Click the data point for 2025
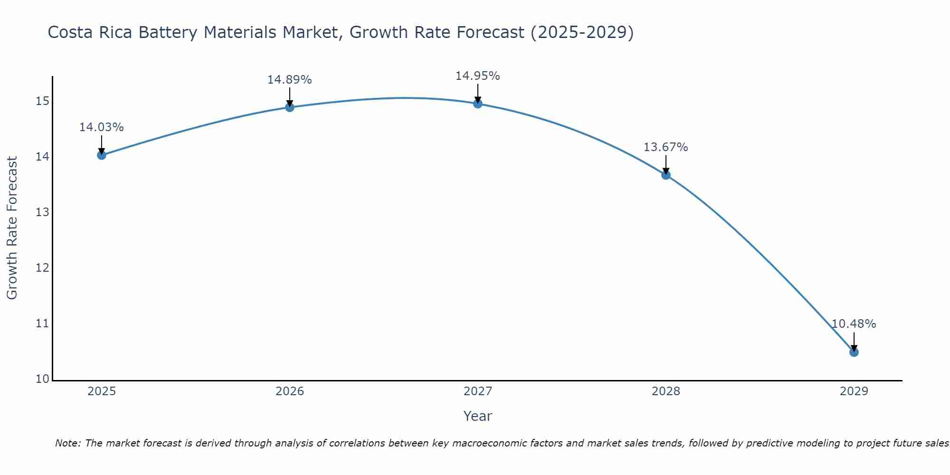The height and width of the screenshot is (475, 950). tap(102, 155)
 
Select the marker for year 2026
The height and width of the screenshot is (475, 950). tap(290, 107)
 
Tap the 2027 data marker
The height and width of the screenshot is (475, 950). tap(478, 104)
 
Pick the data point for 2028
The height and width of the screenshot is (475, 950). tap(666, 175)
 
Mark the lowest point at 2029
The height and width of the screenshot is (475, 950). tap(854, 352)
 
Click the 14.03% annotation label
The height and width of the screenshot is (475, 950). tap(101, 127)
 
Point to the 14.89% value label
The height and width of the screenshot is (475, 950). tap(289, 80)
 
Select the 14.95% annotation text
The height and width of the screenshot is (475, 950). tap(477, 76)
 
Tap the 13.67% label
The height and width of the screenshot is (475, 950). tap(665, 147)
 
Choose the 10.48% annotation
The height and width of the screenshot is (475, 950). tap(854, 324)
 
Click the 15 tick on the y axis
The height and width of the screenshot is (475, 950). tap(42, 101)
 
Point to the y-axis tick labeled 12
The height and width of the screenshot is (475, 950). tap(42, 268)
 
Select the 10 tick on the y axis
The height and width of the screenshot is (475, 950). tap(42, 379)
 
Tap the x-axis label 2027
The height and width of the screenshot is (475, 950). tap(478, 391)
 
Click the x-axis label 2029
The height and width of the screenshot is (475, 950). tap(854, 391)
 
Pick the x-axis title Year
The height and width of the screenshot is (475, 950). tap(477, 416)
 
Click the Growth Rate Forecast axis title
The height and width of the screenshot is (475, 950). tap(12, 228)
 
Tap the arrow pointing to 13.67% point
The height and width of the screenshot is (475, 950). tap(666, 164)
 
